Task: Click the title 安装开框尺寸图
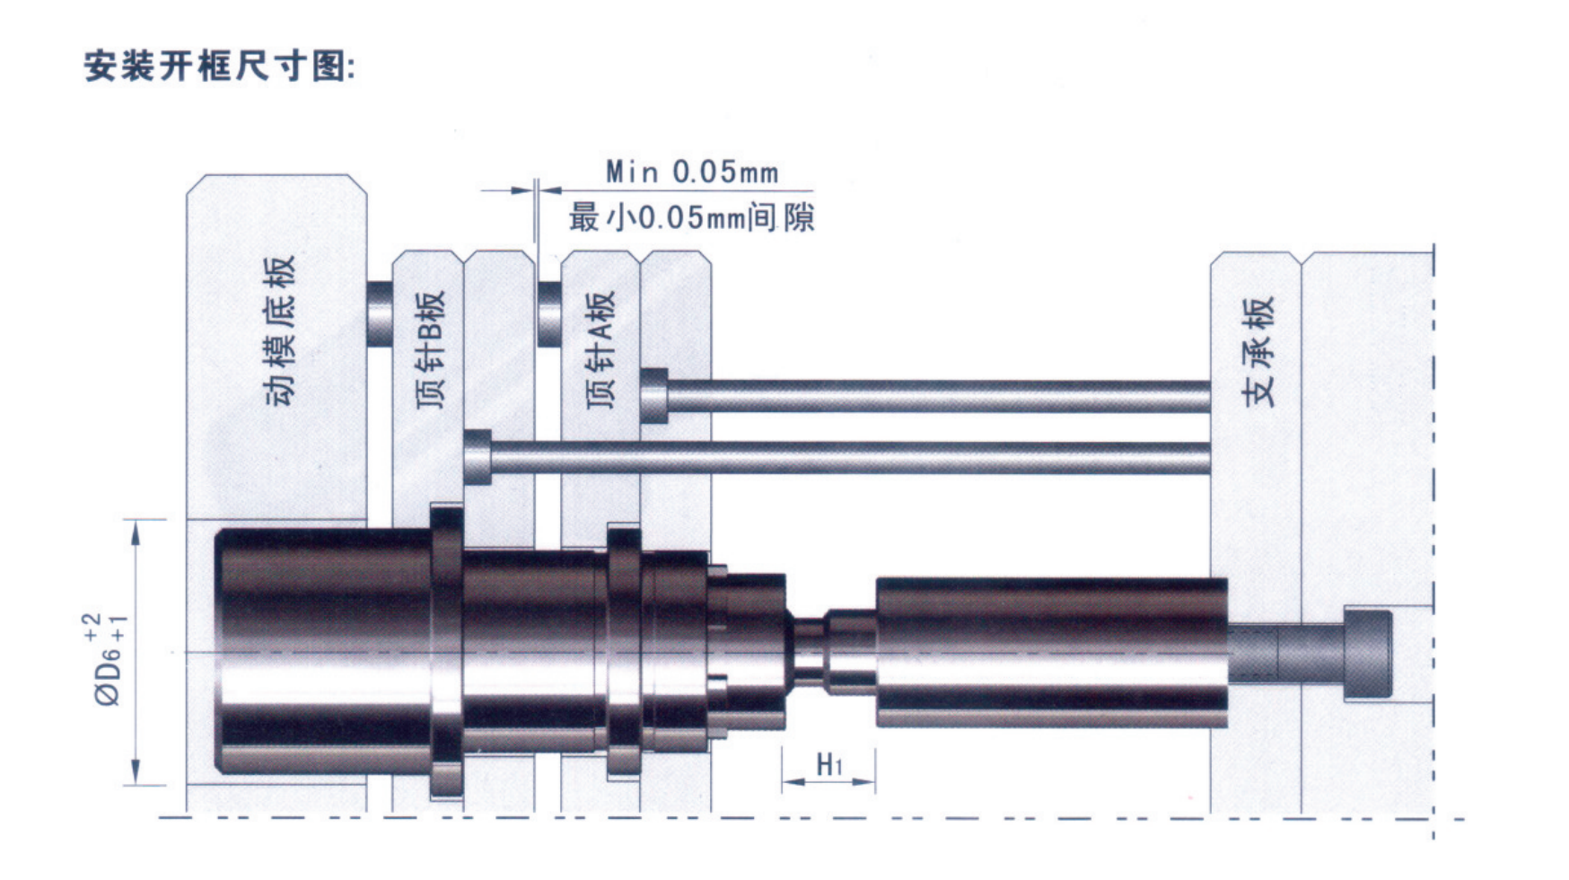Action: click(x=220, y=66)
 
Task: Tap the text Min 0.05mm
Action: click(x=692, y=172)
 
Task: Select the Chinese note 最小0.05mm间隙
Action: click(x=691, y=217)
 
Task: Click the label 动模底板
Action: click(x=280, y=330)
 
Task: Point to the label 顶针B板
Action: click(x=431, y=349)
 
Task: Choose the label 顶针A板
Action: click(x=600, y=349)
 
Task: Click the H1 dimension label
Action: click(x=829, y=765)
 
